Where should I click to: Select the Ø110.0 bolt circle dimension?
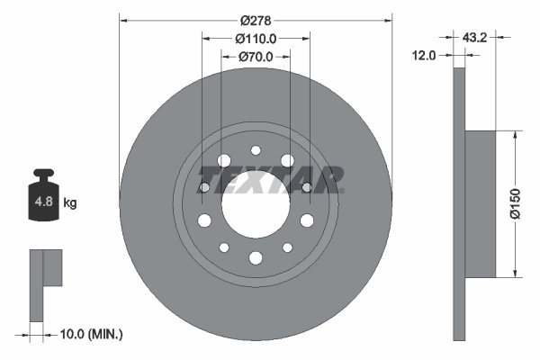point(255,38)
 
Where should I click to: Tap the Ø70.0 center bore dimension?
point(255,57)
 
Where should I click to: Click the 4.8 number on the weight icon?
point(42,202)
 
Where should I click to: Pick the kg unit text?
point(70,203)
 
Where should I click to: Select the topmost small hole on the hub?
point(255,150)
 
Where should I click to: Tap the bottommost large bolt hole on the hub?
point(255,258)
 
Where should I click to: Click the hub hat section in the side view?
point(481,203)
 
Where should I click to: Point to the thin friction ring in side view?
point(460,203)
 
